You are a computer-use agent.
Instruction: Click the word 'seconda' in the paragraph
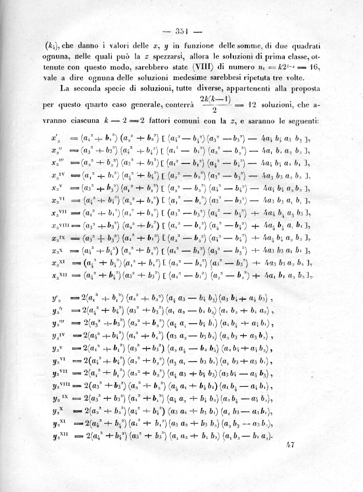[x=95, y=89]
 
